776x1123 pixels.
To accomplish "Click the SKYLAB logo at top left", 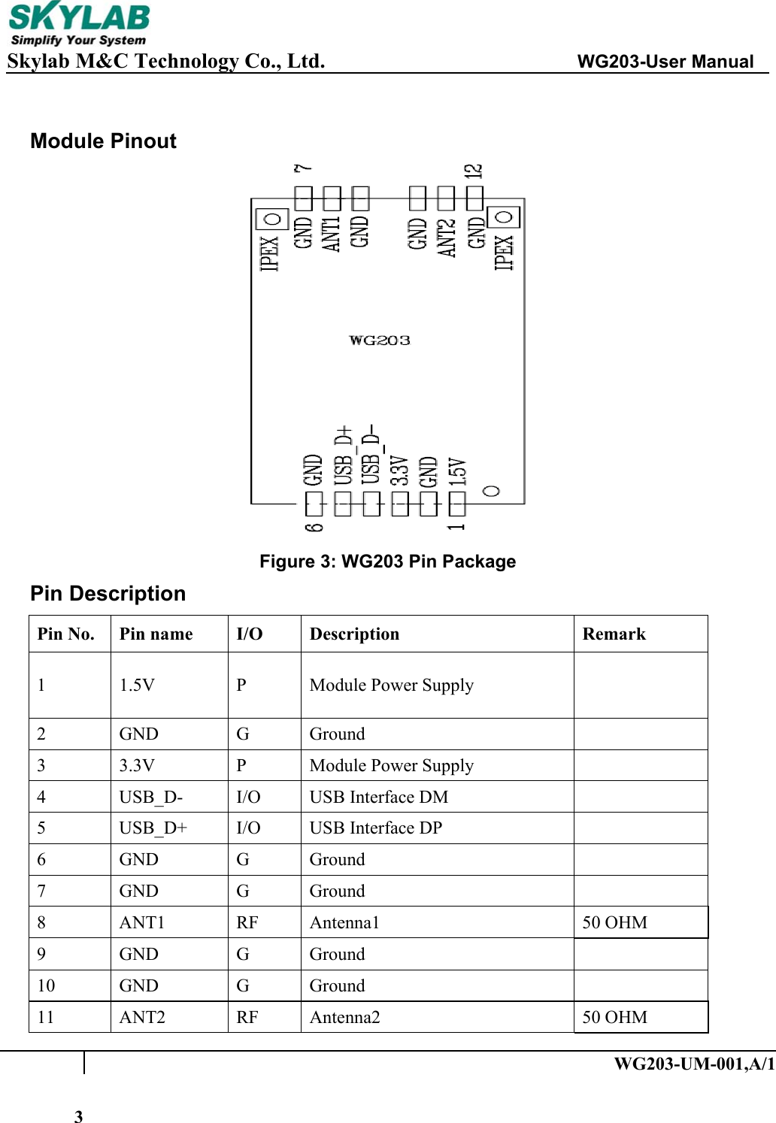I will tap(78, 25).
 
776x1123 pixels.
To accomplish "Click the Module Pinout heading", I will tap(103, 141).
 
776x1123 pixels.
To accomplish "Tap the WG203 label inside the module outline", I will tap(380, 341).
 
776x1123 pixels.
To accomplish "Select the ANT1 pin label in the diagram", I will tap(332, 234).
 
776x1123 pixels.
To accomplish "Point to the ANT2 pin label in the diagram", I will tap(447, 238).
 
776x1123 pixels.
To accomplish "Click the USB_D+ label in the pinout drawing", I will tap(344, 456).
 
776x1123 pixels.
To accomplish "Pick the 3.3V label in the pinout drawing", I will tap(399, 471).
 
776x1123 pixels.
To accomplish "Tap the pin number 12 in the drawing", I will tap(474, 171).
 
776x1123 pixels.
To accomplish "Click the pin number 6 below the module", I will tap(314, 517).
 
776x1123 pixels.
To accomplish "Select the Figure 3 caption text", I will tap(387, 561).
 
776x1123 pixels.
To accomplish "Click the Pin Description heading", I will tap(108, 594).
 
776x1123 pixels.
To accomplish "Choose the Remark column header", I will tap(614, 634).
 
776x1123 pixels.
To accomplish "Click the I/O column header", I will tap(249, 634).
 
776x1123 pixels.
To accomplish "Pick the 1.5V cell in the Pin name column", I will tap(137, 685).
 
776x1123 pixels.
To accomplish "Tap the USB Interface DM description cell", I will tap(378, 797).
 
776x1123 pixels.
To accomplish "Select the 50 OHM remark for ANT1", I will tap(614, 922).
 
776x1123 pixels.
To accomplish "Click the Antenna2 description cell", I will tap(344, 1017).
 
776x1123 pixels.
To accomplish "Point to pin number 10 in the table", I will tap(46, 985).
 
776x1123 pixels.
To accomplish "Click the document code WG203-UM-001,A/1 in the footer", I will tap(693, 1064).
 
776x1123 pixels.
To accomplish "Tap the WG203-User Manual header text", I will tap(665, 62).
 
